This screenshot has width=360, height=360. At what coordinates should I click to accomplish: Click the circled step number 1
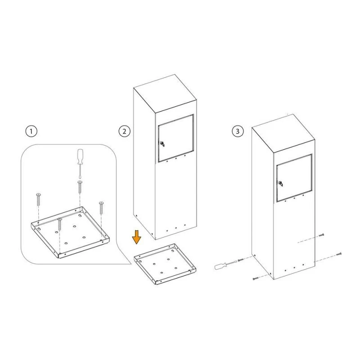coord(31,131)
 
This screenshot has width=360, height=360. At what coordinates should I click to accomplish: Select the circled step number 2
coord(125,131)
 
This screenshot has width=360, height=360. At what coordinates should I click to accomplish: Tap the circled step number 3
coord(238,131)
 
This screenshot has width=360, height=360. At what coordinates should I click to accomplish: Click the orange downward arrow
coord(137,237)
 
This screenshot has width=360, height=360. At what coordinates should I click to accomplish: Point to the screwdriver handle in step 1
coord(81,156)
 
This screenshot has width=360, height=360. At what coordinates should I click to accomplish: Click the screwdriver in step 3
coord(226,265)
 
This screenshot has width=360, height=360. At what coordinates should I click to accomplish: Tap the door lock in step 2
coord(162,144)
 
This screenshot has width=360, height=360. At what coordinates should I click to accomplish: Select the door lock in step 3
coord(280,184)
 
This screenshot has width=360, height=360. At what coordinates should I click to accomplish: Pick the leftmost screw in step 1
coord(38,199)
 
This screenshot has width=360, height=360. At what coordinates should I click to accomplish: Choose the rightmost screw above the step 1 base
coord(101,208)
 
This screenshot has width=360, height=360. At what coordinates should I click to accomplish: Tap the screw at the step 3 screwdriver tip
coord(240,260)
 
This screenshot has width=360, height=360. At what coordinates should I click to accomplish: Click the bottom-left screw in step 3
coord(255,279)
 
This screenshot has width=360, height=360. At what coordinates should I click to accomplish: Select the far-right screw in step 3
coord(339,254)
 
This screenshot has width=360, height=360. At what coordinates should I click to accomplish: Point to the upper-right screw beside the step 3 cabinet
coord(321,235)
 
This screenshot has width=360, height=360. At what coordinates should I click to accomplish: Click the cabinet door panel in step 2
coord(175,139)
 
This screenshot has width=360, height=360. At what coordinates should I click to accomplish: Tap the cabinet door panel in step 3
coord(294,178)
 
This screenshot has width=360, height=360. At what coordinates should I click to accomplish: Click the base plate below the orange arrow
coord(165,264)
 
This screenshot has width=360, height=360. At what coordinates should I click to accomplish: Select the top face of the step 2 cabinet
coord(165,93)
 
